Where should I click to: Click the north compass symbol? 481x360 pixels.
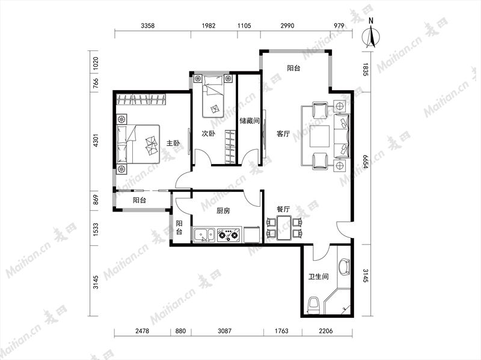pos(371,36)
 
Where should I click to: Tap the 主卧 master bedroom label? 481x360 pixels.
pos(173,143)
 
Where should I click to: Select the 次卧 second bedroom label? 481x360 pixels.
pos(208,133)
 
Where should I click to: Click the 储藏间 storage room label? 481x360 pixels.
pos(250,121)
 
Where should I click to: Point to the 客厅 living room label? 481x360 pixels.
pos(283,133)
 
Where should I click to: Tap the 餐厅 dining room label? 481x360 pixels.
pos(283,209)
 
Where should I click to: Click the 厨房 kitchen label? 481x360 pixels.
pos(223,211)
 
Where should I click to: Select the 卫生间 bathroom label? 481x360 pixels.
pos(319,276)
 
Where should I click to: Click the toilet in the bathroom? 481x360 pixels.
pos(313,305)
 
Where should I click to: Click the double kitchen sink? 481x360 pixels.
pos(204,235)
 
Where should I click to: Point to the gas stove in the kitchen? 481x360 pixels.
pos(229,235)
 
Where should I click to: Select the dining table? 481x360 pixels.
pos(284,228)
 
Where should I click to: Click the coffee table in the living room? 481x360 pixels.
pos(319,136)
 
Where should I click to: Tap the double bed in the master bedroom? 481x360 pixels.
pos(138,144)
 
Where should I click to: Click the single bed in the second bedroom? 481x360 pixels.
pos(213,96)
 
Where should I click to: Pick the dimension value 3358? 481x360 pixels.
pos(147,26)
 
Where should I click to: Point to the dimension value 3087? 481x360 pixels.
pos(224,331)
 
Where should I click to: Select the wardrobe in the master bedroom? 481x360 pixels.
pos(141,99)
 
